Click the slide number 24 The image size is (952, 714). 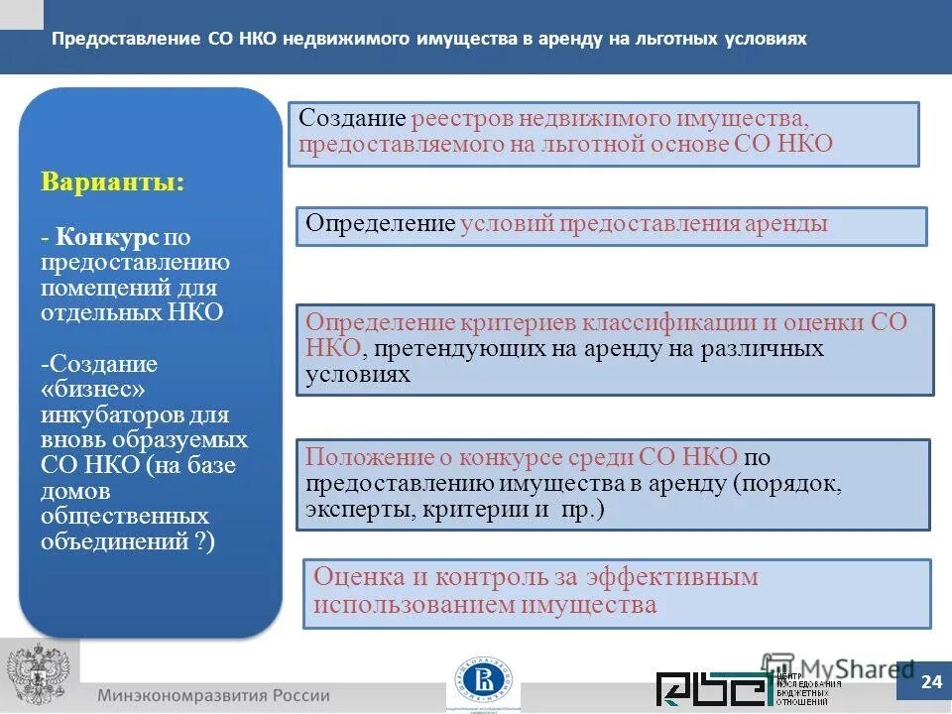point(931,681)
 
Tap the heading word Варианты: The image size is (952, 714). point(112,183)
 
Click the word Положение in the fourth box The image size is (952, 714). point(366,457)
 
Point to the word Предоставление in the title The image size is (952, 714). point(126,39)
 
